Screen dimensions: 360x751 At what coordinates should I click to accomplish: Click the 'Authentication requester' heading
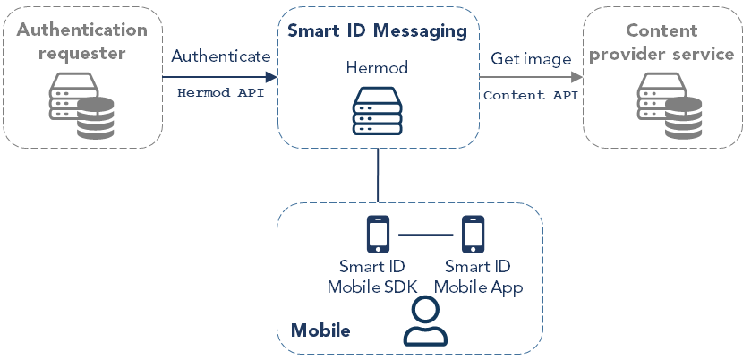81,41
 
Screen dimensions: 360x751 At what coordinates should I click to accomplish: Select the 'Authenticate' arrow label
220,56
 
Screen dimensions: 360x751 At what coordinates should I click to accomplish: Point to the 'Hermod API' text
220,91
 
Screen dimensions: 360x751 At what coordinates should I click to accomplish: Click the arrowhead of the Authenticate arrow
271,75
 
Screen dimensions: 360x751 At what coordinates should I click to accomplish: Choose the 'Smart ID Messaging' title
377,31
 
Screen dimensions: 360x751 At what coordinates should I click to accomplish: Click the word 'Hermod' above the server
377,68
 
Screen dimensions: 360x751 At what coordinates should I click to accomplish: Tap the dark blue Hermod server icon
377,110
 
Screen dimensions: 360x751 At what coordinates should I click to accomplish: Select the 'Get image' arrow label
531,59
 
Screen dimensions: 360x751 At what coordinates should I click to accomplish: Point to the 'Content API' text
531,93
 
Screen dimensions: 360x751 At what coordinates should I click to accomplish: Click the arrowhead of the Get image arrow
576,75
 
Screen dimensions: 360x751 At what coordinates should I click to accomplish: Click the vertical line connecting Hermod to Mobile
377,175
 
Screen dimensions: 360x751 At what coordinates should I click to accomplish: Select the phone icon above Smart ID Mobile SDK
378,235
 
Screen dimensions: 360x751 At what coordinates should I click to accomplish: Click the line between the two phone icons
425,236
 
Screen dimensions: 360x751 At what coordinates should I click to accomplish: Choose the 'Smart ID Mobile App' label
477,277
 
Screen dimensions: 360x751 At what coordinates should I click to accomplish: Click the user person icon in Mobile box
425,323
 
